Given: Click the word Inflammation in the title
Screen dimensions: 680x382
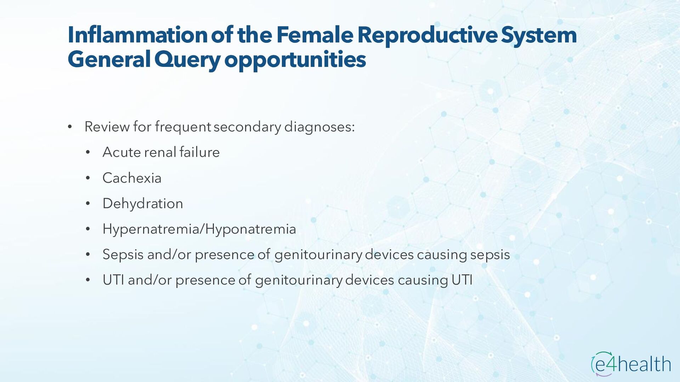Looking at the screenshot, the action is pos(137,35).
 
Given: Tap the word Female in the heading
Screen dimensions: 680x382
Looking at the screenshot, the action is pos(314,35).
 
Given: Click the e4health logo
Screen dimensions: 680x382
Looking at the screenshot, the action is pos(631,364).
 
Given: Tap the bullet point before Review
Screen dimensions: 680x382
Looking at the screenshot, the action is pos(70,127).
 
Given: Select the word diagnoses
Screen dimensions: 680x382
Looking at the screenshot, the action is pos(319,127).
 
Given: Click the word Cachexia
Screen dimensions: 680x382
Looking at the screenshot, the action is pos(132,178).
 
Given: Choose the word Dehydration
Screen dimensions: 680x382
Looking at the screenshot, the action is pos(143,204).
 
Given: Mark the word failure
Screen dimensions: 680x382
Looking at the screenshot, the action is pos(199,152).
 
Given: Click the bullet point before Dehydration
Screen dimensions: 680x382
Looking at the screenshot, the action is pos(88,204).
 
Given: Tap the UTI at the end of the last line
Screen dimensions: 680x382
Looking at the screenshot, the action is pos(462,280).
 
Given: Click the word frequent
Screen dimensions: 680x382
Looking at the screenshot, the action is pos(183,127).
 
